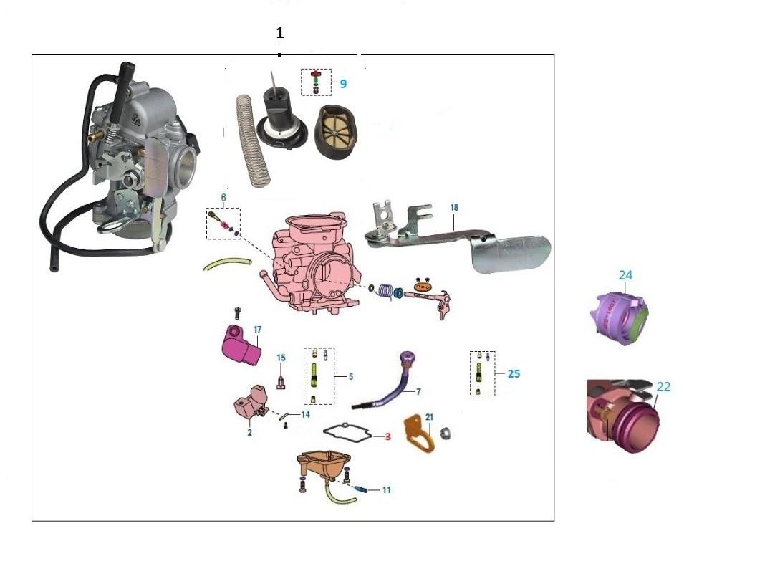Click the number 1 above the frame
pos(280,33)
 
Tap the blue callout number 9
pos(343,84)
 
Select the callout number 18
pos(454,208)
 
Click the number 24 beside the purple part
pos(625,275)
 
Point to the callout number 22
pos(663,387)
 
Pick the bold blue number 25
pos(514,373)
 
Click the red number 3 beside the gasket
pos(387,436)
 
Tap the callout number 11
pos(386,490)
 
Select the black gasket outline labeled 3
pos(349,433)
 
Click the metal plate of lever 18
pos(511,252)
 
